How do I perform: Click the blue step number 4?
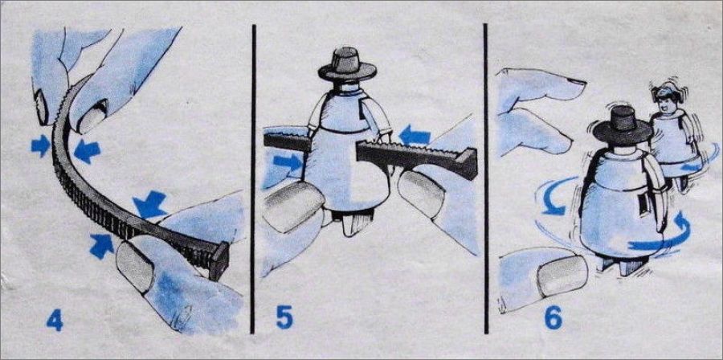point(55,321)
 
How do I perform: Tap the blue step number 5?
point(284,317)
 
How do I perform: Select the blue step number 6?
point(553,317)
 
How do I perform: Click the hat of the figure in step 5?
point(347,63)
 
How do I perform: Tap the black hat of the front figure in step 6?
point(623,125)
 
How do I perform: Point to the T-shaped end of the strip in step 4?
point(219,260)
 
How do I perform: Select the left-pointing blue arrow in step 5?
point(415,136)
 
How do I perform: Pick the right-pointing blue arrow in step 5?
point(287,162)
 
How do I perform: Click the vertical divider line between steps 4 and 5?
point(253,179)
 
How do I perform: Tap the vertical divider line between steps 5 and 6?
point(486,179)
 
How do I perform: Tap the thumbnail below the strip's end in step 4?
point(136,267)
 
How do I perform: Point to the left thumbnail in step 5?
point(294,206)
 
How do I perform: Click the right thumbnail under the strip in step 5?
point(422,194)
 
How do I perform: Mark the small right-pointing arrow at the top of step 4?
point(41,145)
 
